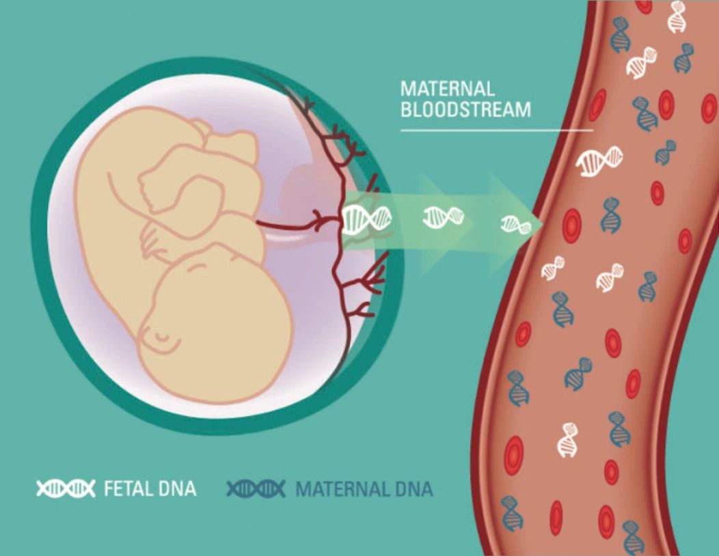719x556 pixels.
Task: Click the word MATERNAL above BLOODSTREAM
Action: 447,89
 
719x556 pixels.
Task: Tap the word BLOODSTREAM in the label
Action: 465,110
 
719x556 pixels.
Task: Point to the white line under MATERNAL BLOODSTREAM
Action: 496,129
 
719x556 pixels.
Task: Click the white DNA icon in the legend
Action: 66,488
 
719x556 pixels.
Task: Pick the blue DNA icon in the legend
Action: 256,488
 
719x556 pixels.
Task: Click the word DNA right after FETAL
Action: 177,488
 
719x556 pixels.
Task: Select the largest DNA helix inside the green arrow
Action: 367,219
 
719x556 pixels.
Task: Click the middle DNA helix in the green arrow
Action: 444,218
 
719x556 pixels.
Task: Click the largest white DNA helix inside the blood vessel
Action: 599,161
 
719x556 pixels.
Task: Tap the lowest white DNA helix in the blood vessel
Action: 567,441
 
